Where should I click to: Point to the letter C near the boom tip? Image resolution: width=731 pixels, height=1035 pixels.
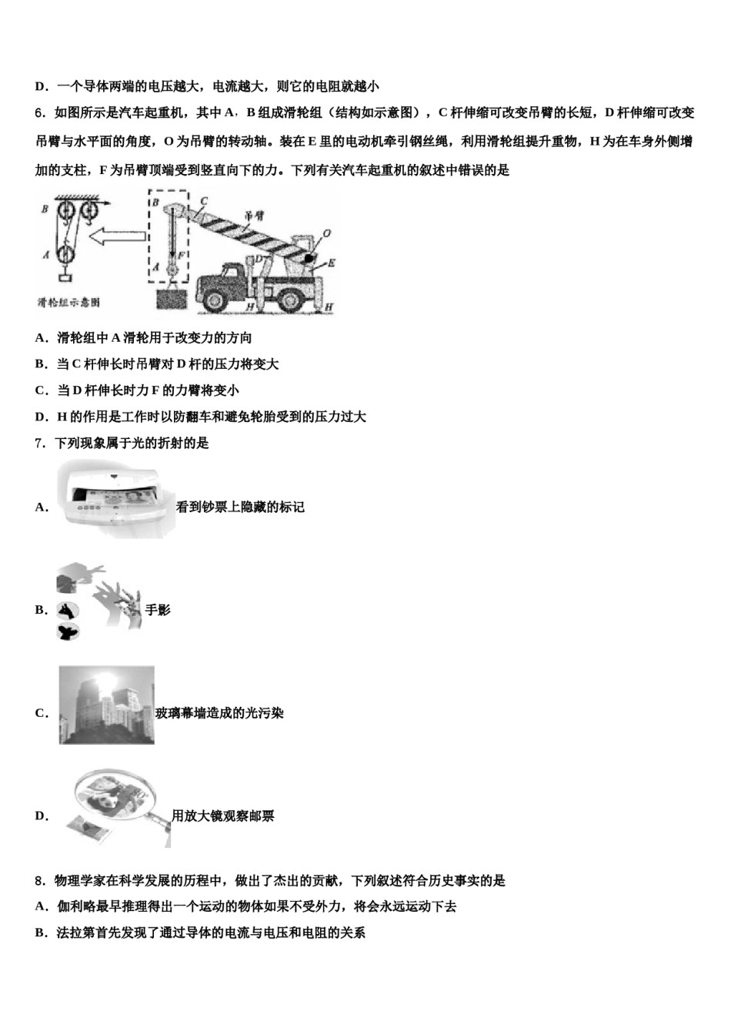(x=204, y=201)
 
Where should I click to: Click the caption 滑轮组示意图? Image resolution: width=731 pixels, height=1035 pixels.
(x=69, y=303)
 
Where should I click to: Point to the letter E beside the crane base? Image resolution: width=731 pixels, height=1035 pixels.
(x=331, y=263)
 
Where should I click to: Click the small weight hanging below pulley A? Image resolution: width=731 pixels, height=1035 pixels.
(x=65, y=281)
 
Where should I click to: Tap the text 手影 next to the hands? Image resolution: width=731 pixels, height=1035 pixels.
(x=158, y=610)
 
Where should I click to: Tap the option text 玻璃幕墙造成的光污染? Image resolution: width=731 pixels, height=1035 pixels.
(x=219, y=713)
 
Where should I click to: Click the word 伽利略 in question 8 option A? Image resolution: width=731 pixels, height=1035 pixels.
(x=75, y=906)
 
